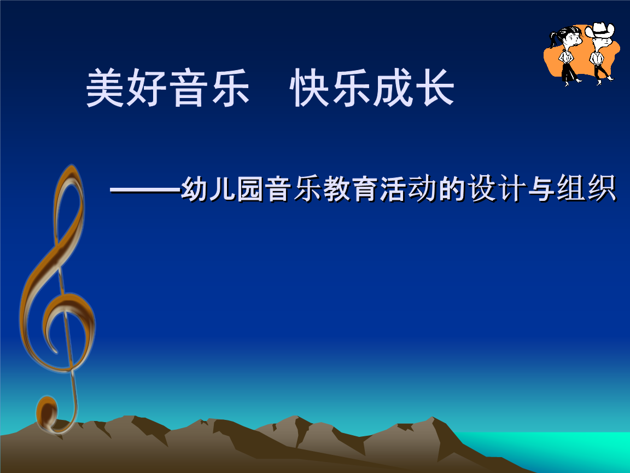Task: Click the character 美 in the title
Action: (105, 87)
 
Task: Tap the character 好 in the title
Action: (147, 87)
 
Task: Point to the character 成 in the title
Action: (393, 87)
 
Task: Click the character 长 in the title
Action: (435, 87)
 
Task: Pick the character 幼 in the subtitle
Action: (195, 188)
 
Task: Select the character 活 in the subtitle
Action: (394, 188)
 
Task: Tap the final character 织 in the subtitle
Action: (602, 188)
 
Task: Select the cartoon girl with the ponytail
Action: (566, 56)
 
